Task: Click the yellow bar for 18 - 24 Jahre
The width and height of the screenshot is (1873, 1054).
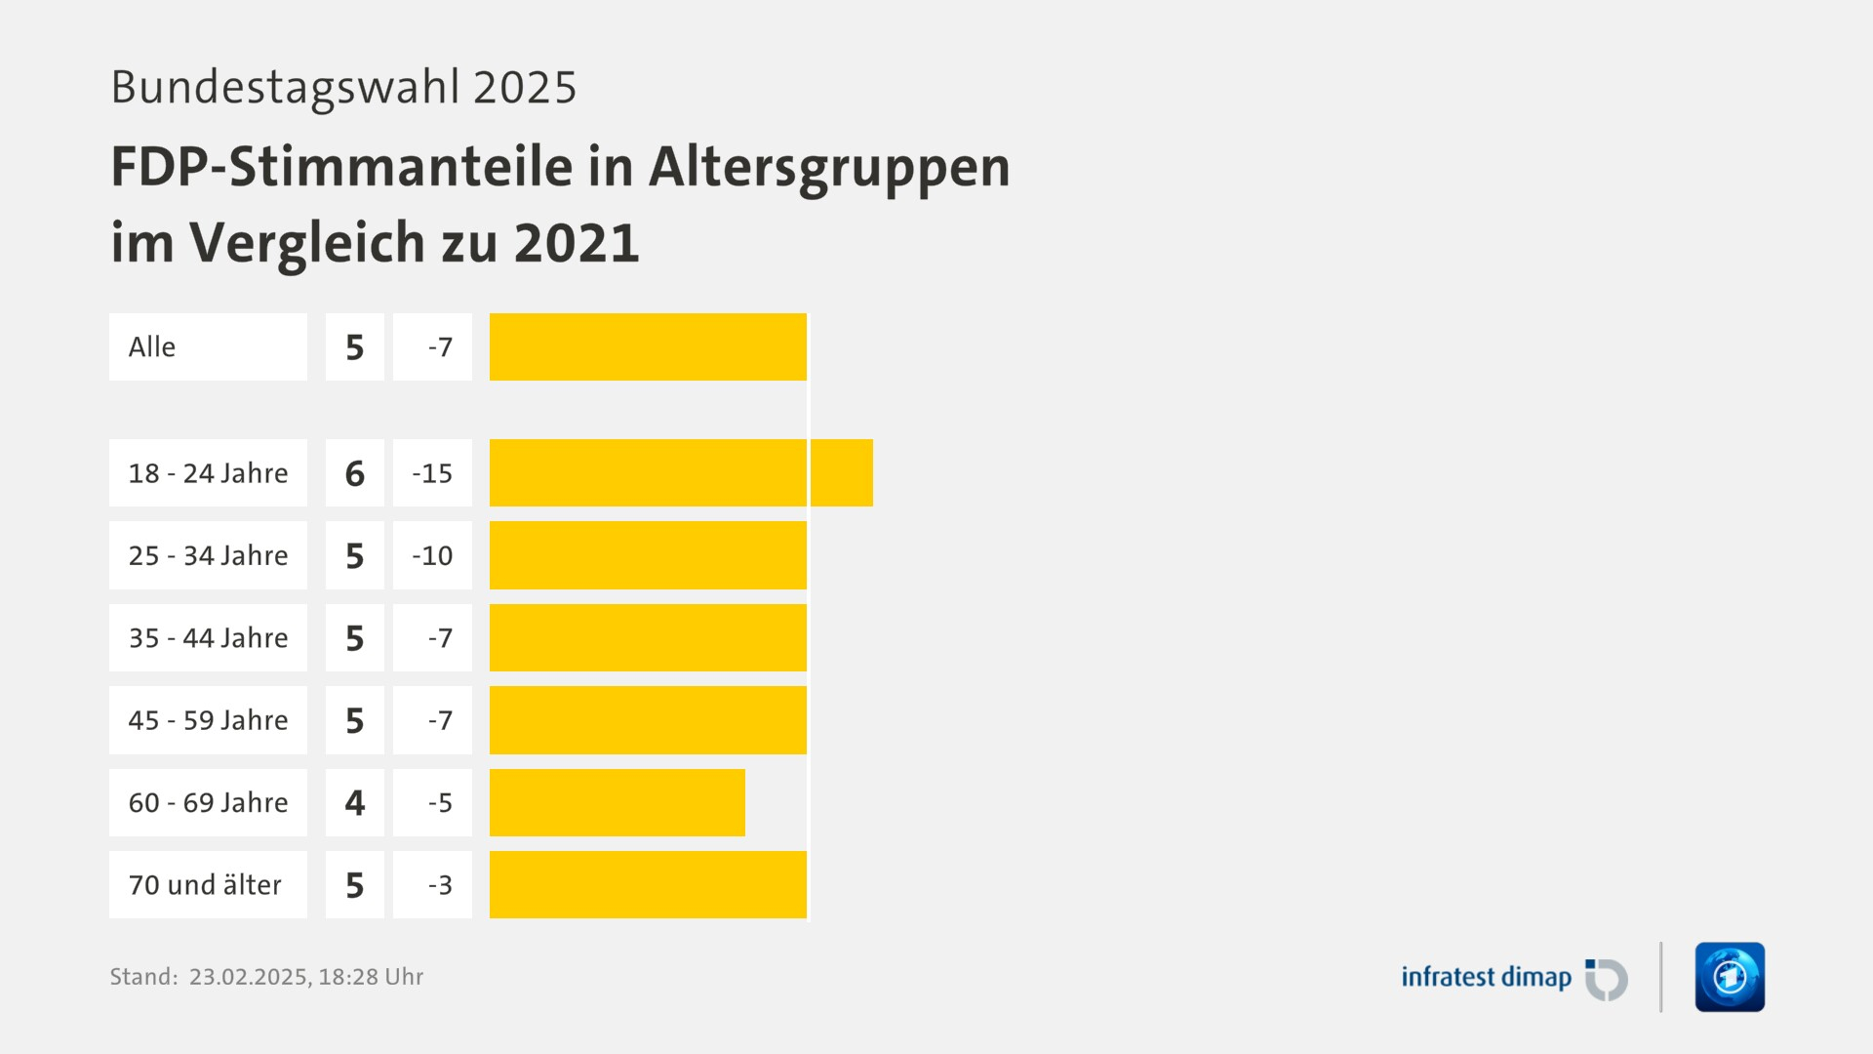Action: (681, 473)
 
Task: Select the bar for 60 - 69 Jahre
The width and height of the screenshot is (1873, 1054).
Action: (617, 802)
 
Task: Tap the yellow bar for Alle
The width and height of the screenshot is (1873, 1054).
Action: (648, 347)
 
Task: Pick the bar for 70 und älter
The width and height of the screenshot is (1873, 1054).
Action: (648, 885)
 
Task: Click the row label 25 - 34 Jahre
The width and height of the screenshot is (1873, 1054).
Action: (208, 555)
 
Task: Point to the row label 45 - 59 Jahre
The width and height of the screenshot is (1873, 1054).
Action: (208, 720)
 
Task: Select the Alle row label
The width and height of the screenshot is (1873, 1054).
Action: (153, 347)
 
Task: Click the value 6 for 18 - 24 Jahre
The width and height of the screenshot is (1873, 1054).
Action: (355, 473)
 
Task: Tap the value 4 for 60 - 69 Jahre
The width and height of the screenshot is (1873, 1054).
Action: (355, 802)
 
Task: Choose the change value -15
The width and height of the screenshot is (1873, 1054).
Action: (432, 473)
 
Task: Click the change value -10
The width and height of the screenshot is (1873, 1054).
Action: (432, 555)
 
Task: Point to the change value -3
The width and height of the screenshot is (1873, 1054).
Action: (440, 885)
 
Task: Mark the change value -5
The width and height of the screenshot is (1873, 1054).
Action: (440, 802)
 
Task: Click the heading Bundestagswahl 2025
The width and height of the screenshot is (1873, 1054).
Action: (343, 87)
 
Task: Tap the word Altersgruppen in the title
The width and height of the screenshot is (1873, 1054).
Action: (829, 166)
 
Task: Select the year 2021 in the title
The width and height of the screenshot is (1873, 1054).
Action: (577, 242)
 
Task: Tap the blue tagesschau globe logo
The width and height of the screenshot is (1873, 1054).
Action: (1730, 977)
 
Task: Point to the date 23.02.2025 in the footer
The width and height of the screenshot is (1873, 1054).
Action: (248, 977)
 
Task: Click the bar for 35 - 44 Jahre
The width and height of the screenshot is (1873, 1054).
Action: (648, 638)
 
